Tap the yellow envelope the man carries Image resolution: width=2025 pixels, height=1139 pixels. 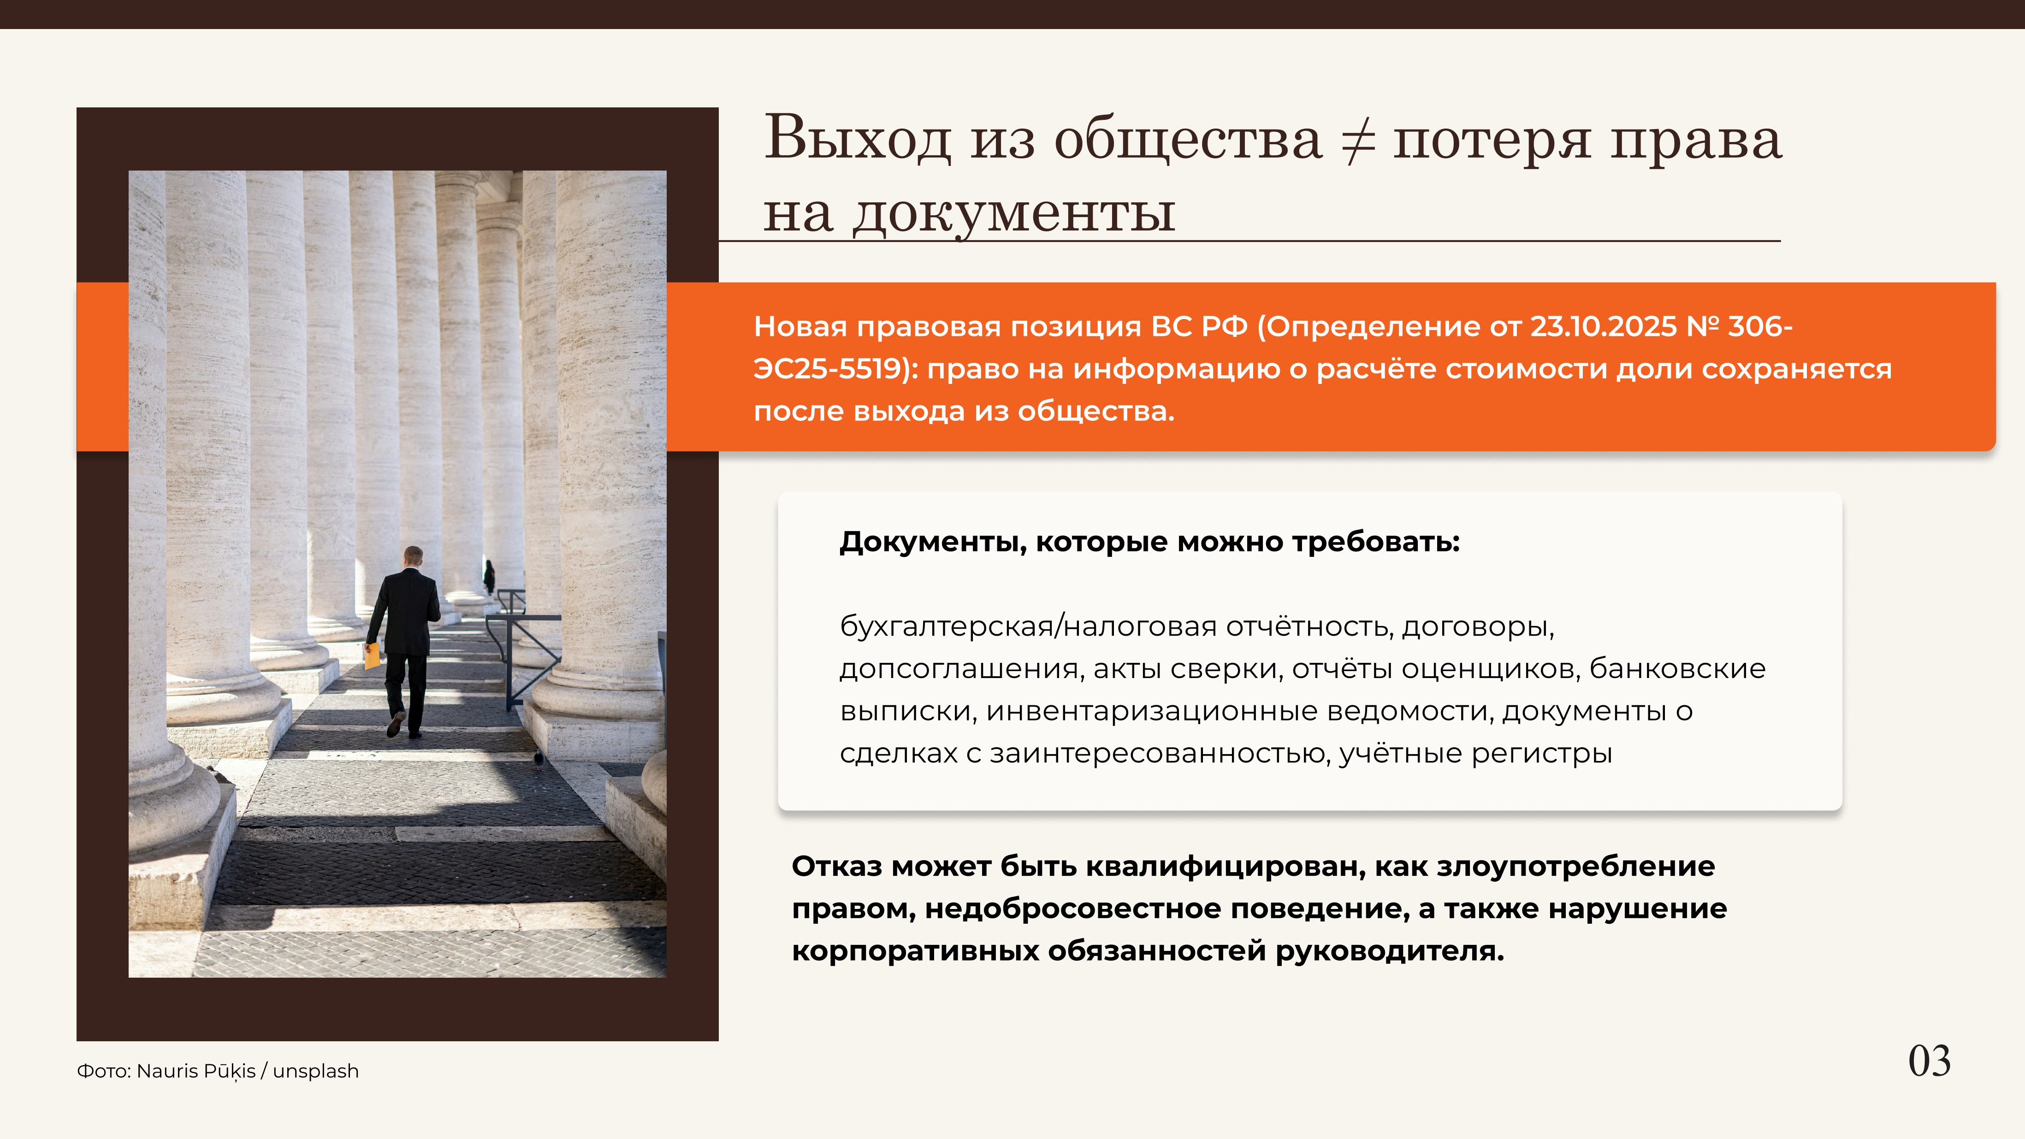click(372, 655)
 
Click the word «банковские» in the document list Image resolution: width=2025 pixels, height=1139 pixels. click(1677, 669)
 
